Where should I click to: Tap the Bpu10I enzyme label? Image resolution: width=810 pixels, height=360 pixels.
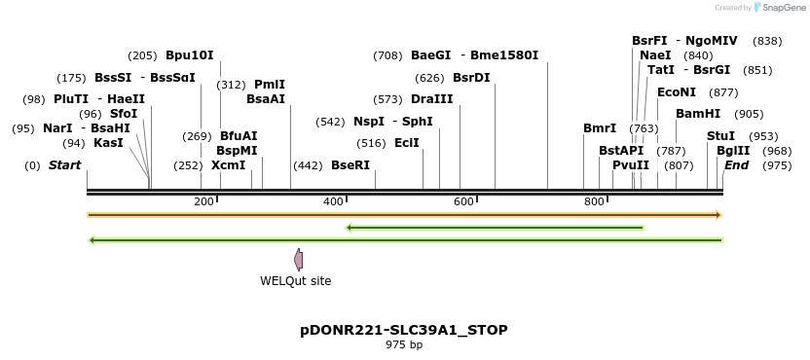pyautogui.click(x=189, y=55)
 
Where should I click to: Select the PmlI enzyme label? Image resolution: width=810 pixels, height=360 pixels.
pyautogui.click(x=270, y=85)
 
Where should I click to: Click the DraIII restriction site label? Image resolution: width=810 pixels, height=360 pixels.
pyautogui.click(x=432, y=99)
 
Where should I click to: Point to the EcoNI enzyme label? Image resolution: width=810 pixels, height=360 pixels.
pyautogui.click(x=677, y=92)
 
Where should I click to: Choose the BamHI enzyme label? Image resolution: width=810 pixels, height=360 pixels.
pyautogui.click(x=698, y=114)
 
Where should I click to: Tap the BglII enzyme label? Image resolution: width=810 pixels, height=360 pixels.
pyautogui.click(x=733, y=151)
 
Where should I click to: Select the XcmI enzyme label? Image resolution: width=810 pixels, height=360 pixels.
pyautogui.click(x=229, y=165)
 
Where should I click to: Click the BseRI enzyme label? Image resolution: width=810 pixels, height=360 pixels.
pyautogui.click(x=350, y=165)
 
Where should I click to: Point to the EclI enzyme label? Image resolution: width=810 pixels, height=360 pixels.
pyautogui.click(x=407, y=143)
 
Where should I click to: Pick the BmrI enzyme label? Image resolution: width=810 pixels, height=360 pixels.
pyautogui.click(x=600, y=128)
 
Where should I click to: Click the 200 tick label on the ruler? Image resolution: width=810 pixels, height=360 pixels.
pyautogui.click(x=203, y=201)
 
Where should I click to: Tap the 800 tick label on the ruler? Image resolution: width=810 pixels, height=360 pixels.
pyautogui.click(x=594, y=201)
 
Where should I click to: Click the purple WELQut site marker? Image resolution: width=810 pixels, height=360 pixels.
pyautogui.click(x=298, y=259)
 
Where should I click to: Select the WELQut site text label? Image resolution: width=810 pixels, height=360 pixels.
pyautogui.click(x=295, y=281)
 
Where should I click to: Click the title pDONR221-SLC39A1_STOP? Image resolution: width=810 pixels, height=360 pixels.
pyautogui.click(x=403, y=330)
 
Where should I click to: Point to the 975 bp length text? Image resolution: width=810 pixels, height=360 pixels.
pyautogui.click(x=403, y=345)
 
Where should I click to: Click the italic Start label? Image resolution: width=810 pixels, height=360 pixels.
pyautogui.click(x=65, y=165)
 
